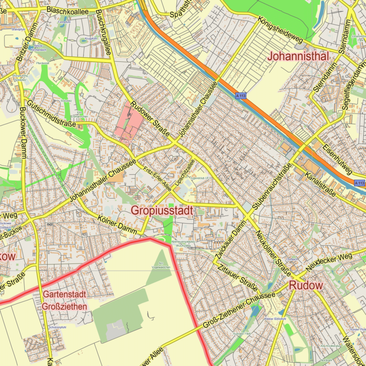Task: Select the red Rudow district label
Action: [306, 285]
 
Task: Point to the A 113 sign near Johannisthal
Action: [241, 96]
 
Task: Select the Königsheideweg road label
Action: [280, 31]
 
